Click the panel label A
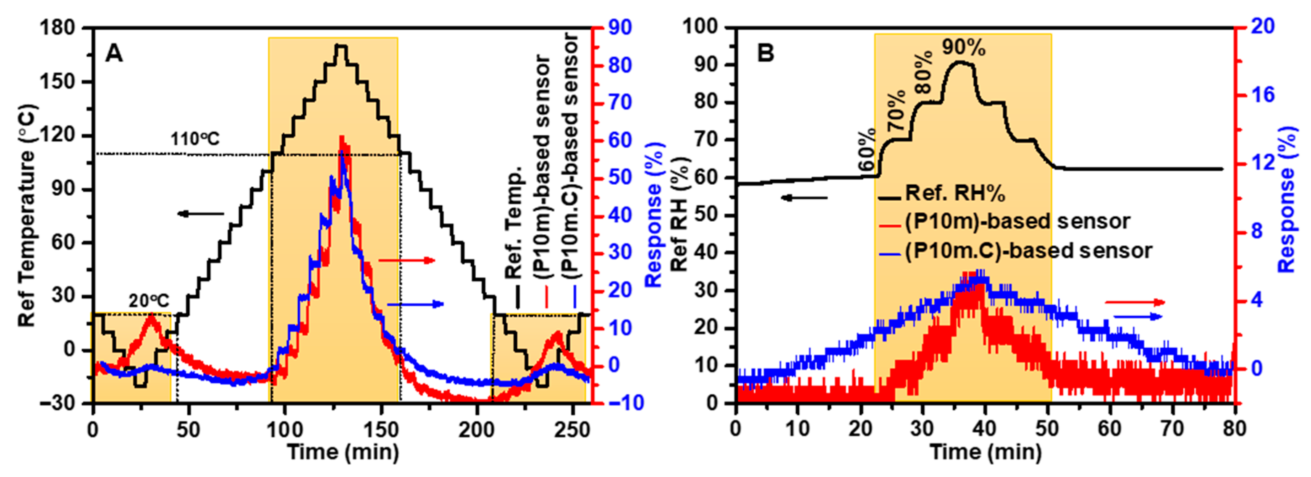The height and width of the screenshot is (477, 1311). click(x=114, y=53)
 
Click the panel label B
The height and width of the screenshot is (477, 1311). click(x=766, y=53)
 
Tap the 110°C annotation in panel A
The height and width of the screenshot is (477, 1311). click(x=195, y=139)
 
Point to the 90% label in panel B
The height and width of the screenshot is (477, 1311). click(x=963, y=47)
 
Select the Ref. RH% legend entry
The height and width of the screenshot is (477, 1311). click(x=955, y=194)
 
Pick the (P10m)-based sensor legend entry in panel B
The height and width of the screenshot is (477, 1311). click(x=1018, y=221)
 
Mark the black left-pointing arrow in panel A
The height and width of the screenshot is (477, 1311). click(x=201, y=213)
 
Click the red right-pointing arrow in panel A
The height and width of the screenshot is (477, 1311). click(x=407, y=261)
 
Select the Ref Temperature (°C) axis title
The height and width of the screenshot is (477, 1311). click(x=29, y=216)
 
